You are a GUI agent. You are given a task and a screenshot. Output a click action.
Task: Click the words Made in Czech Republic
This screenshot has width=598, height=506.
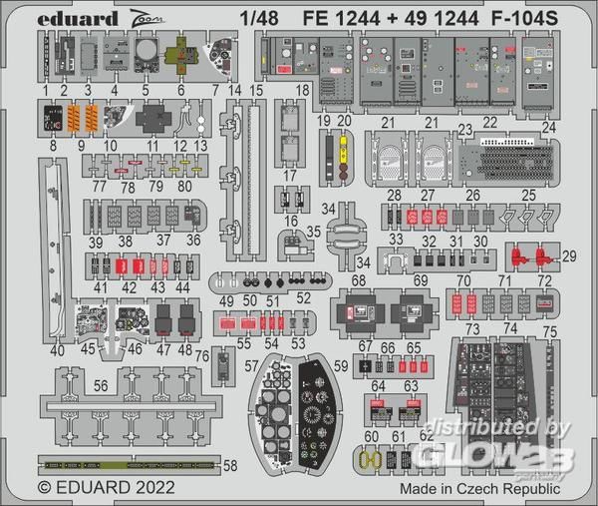pyautogui.click(x=478, y=489)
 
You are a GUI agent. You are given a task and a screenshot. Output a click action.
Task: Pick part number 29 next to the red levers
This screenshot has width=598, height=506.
pyautogui.click(x=569, y=257)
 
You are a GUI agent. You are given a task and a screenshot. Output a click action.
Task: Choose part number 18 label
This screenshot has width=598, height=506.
pyautogui.click(x=302, y=91)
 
